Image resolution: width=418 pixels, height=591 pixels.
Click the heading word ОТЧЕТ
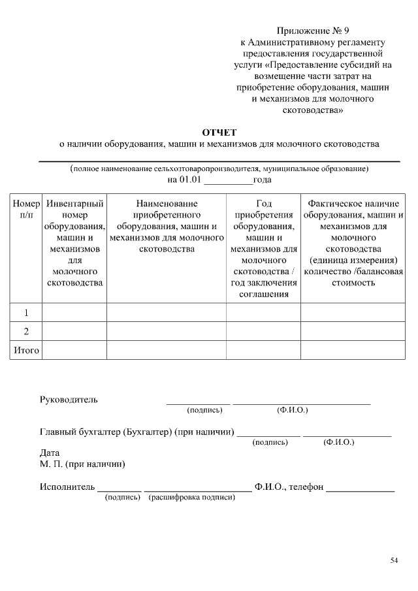[219, 133]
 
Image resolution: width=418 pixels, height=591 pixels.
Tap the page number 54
[394, 560]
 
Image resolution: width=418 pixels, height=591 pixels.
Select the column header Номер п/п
[26, 209]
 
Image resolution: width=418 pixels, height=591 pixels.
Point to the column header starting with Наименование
[167, 226]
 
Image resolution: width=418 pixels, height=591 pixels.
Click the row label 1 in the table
[26, 313]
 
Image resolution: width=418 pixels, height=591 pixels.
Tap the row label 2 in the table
[26, 331]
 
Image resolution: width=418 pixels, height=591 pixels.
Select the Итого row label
[26, 351]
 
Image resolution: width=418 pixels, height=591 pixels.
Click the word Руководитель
[69, 400]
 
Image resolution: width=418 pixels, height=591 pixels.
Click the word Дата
[50, 453]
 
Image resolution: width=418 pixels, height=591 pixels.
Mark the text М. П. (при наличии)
[82, 464]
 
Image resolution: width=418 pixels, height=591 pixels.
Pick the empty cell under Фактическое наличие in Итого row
[353, 351]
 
